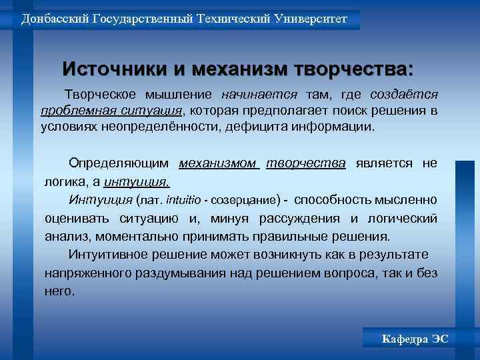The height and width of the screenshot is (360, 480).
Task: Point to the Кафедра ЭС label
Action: [415, 339]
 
